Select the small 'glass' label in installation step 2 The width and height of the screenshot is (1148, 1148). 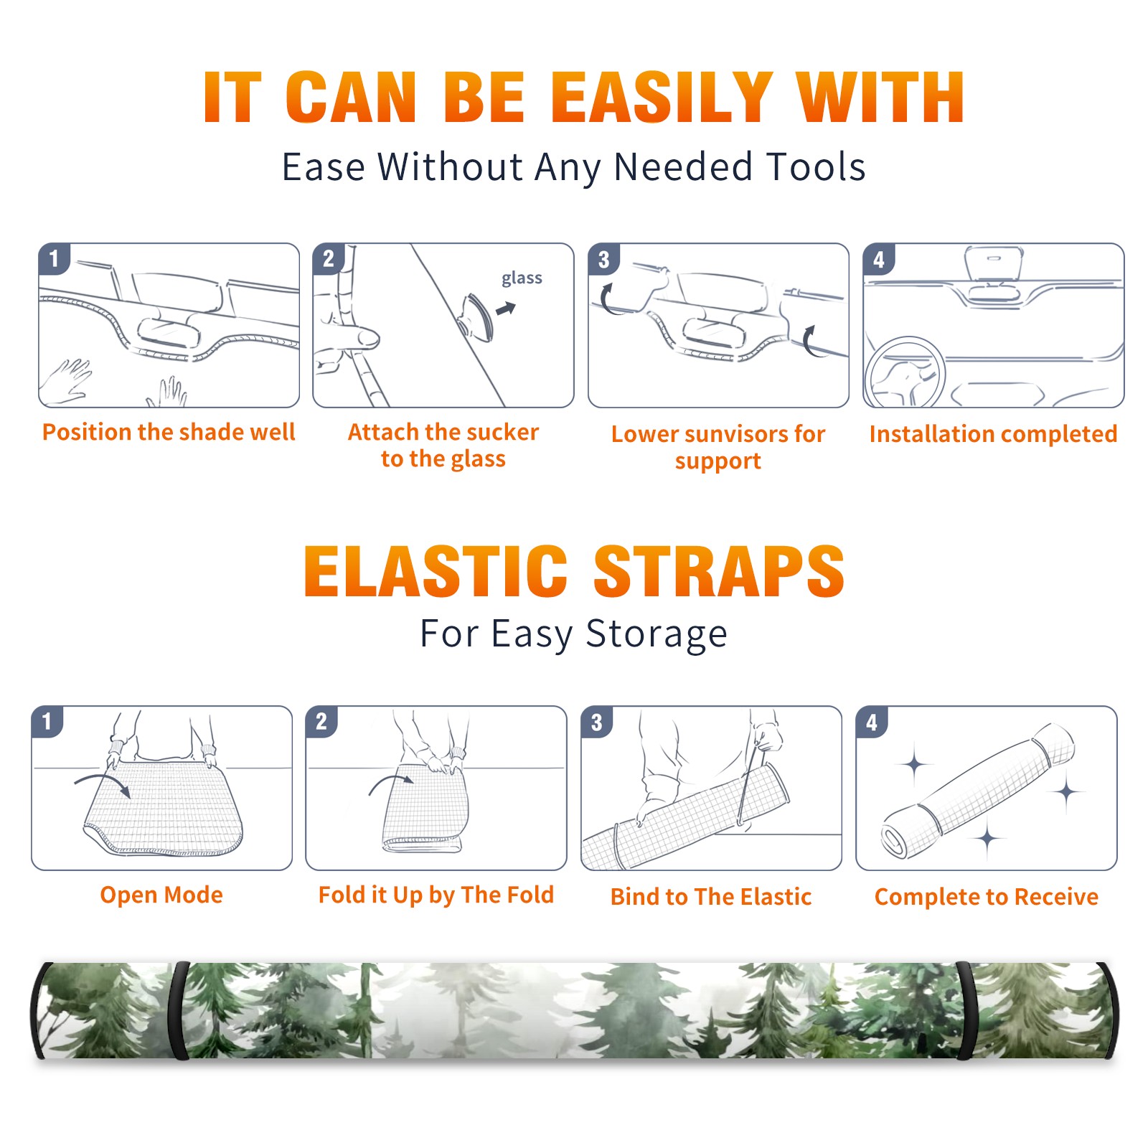[522, 278]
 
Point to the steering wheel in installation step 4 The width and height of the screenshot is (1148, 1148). [904, 372]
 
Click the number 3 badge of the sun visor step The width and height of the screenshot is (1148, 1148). [603, 260]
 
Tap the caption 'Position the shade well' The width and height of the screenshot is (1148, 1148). [169, 432]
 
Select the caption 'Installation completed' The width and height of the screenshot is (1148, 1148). [993, 434]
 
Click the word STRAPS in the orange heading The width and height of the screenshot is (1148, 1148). [719, 571]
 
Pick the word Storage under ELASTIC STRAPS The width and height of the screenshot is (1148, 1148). [657, 634]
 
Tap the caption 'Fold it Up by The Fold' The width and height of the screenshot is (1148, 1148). [436, 895]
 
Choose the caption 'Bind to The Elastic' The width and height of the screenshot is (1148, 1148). [711, 897]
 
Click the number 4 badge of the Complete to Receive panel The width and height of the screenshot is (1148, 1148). [872, 723]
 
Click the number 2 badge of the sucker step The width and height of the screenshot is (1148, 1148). [329, 259]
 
